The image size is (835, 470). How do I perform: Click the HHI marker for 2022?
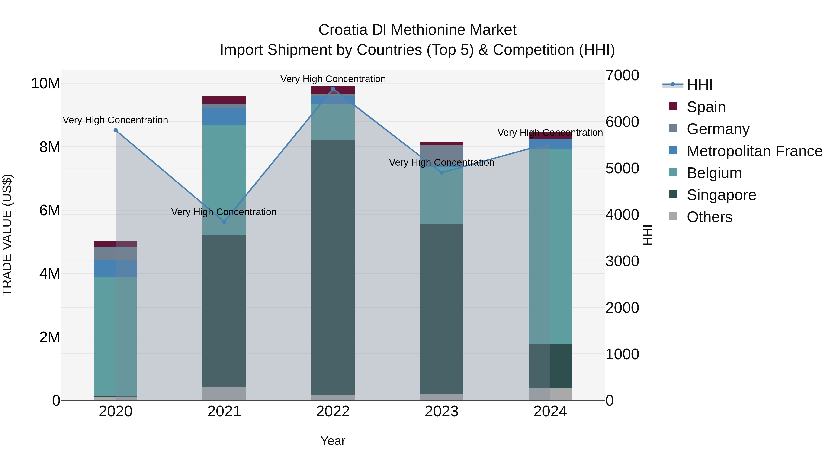pyautogui.click(x=333, y=89)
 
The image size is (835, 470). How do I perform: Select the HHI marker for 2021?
pyautogui.click(x=224, y=222)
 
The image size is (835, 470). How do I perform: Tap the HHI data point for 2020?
pyautogui.click(x=116, y=130)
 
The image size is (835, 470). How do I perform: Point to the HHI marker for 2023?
pyautogui.click(x=441, y=172)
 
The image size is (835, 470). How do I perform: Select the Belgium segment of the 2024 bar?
pyautogui.click(x=550, y=246)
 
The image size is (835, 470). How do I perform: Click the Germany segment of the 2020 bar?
pyautogui.click(x=116, y=253)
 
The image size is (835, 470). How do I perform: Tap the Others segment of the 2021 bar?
pyautogui.click(x=224, y=393)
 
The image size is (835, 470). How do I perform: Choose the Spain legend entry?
pyautogui.click(x=706, y=107)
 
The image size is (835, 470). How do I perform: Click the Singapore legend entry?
pyautogui.click(x=721, y=195)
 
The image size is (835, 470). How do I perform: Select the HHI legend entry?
pyautogui.click(x=700, y=85)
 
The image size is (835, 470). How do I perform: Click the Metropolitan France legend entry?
pyautogui.click(x=754, y=151)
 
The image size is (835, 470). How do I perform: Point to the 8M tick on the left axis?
pyautogui.click(x=50, y=147)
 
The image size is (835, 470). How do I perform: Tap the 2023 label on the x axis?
pyautogui.click(x=441, y=412)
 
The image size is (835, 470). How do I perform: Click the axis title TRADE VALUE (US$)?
pyautogui.click(x=7, y=235)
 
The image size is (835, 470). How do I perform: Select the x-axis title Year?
pyautogui.click(x=333, y=441)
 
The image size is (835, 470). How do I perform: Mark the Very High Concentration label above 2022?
pyautogui.click(x=333, y=79)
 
